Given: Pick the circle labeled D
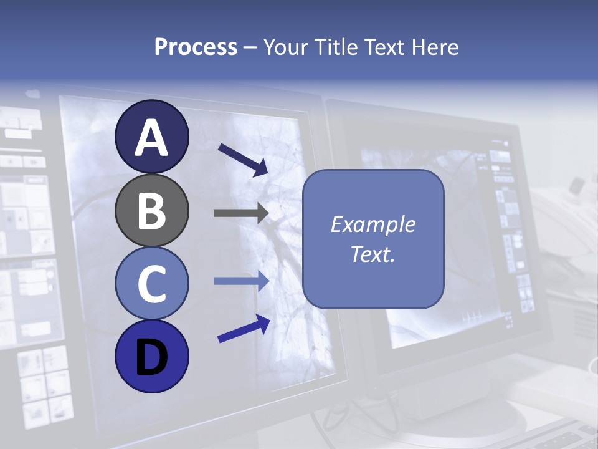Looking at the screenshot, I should [x=152, y=356].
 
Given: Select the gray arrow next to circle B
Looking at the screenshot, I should [x=240, y=213].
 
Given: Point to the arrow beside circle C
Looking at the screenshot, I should [x=241, y=281].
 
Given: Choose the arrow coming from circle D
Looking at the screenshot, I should [x=244, y=328].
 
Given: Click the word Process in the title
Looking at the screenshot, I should [x=196, y=47].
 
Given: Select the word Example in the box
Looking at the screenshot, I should [x=373, y=225].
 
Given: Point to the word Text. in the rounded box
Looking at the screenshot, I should [x=373, y=254].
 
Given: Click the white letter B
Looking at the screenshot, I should [x=152, y=211].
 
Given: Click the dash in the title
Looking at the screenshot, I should [x=250, y=48].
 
